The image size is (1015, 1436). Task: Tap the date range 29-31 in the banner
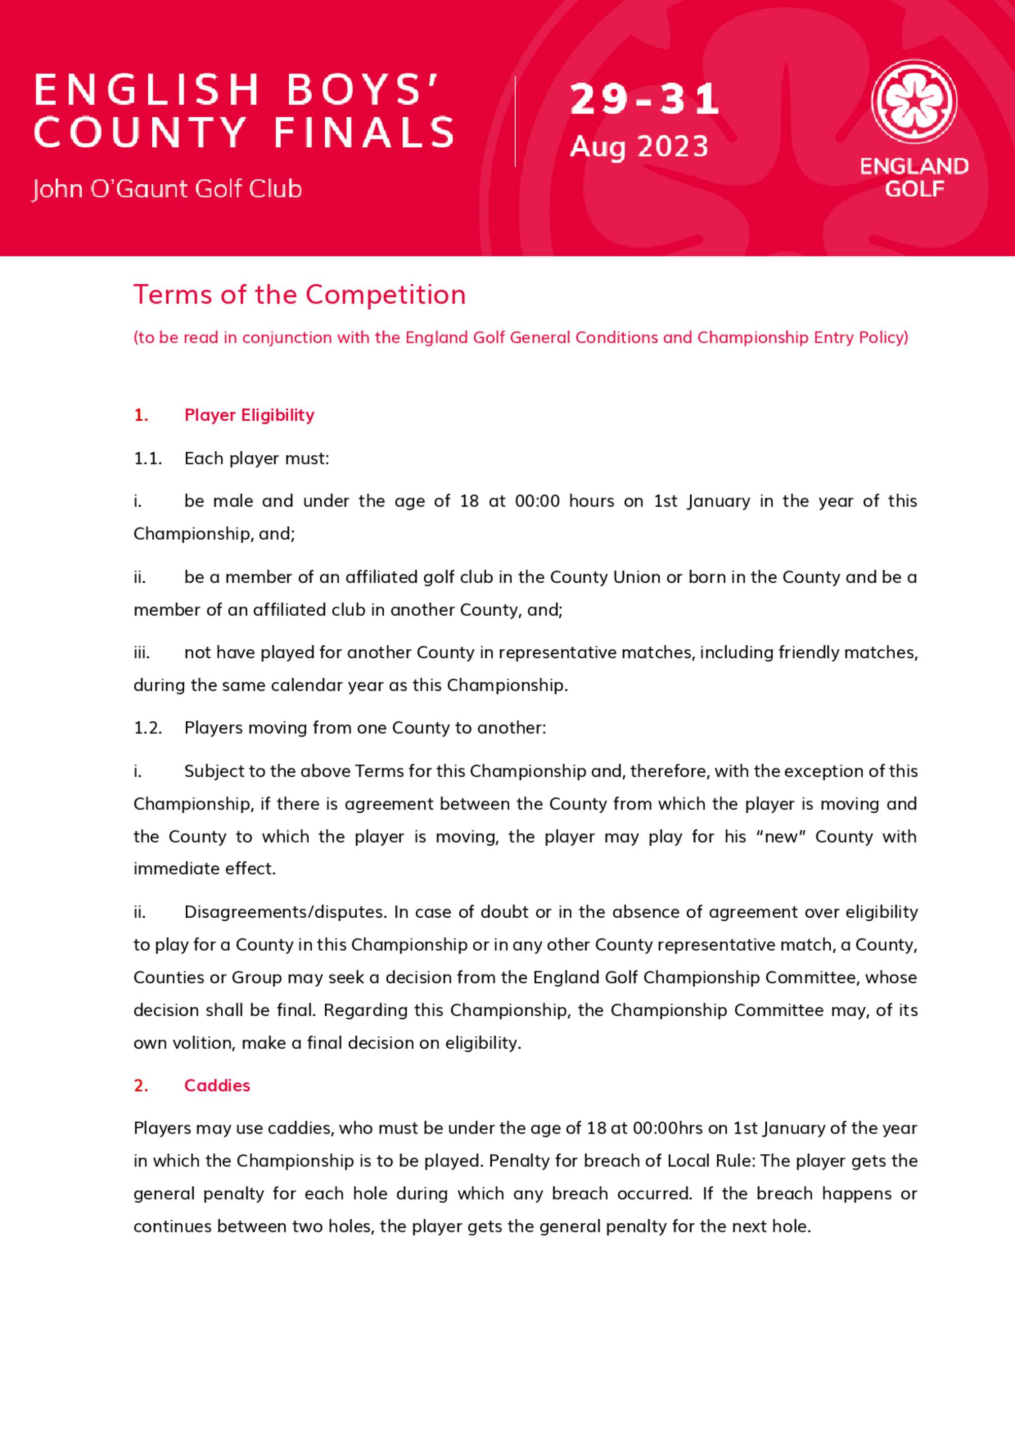pyautogui.click(x=644, y=99)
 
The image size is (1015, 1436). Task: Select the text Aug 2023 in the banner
pyautogui.click(x=638, y=147)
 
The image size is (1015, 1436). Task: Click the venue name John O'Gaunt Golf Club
pyautogui.click(x=167, y=189)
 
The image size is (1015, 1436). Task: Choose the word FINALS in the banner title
pyautogui.click(x=364, y=132)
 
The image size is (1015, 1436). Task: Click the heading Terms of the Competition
pyautogui.click(x=299, y=294)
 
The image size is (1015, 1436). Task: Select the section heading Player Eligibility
pyautogui.click(x=249, y=415)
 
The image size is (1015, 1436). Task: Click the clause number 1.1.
pyautogui.click(x=148, y=458)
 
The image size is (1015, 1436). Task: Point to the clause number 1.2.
pyautogui.click(x=148, y=728)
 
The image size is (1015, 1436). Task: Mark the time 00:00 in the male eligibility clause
pyautogui.click(x=537, y=501)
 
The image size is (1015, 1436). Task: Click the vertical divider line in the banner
pyautogui.click(x=515, y=122)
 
